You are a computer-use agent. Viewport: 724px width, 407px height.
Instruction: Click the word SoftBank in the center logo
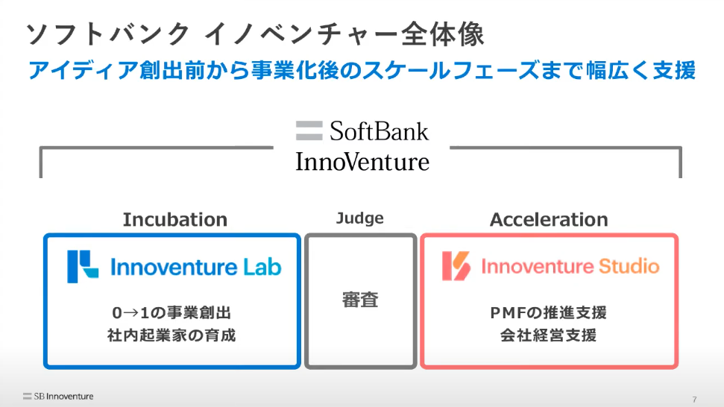(379, 131)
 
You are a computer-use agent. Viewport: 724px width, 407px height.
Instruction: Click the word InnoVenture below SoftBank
(362, 162)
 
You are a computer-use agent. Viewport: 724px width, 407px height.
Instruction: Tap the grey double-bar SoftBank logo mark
(309, 130)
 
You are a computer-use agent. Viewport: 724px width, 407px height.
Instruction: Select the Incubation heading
(175, 220)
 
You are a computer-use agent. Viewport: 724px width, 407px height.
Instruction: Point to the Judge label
(359, 218)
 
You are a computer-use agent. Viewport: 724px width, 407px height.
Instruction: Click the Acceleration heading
(549, 220)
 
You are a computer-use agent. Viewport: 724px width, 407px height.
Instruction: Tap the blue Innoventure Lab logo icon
(83, 267)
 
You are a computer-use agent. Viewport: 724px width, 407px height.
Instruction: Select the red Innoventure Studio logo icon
(456, 266)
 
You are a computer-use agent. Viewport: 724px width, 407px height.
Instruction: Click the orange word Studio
(629, 266)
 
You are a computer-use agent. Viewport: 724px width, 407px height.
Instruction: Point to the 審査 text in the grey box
(360, 300)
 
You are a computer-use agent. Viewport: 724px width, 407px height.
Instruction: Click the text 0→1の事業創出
(171, 313)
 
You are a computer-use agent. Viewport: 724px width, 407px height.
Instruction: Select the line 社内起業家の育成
(171, 335)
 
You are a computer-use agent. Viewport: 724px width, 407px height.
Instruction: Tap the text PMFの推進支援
(549, 313)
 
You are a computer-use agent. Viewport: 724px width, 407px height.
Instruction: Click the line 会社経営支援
(549, 335)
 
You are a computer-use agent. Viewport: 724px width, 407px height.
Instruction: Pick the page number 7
(694, 400)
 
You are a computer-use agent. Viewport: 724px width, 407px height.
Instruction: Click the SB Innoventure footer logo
(58, 397)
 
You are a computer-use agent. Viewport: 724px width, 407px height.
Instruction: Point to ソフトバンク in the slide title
(107, 34)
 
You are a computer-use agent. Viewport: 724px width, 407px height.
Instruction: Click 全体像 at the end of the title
(443, 34)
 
